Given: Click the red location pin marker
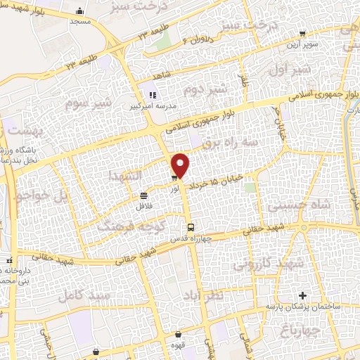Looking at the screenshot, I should tap(181, 165).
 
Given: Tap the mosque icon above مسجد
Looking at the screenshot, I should tap(81, 11).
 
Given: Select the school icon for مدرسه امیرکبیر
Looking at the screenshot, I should tap(151, 95).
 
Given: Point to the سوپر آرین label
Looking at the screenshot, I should tap(300, 44).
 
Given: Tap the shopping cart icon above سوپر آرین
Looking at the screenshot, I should tap(302, 33).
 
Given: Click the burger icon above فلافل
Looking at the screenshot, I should tap(143, 195).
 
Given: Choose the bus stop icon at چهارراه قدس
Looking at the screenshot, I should tap(191, 226).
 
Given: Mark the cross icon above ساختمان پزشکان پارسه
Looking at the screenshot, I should tap(302, 295).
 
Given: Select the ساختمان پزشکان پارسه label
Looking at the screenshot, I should tap(304, 307).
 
